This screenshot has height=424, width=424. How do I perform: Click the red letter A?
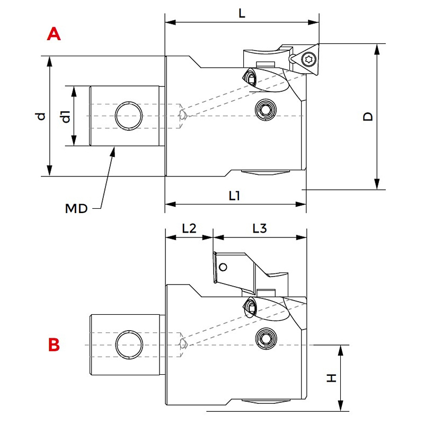coord(54,34)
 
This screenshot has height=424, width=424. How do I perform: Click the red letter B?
coord(54,345)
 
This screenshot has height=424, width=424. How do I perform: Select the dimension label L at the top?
coord(242,13)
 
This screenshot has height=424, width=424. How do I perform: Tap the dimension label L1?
coord(234,196)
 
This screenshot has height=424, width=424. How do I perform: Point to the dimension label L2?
coord(189,228)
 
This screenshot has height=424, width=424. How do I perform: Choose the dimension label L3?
coord(260,228)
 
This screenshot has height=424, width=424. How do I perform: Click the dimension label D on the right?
coord(368,117)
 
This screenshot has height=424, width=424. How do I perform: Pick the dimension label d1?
coord(66,117)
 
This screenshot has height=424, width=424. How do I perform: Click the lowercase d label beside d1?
coord(41,116)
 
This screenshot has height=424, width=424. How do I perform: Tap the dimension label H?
coord(332,378)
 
